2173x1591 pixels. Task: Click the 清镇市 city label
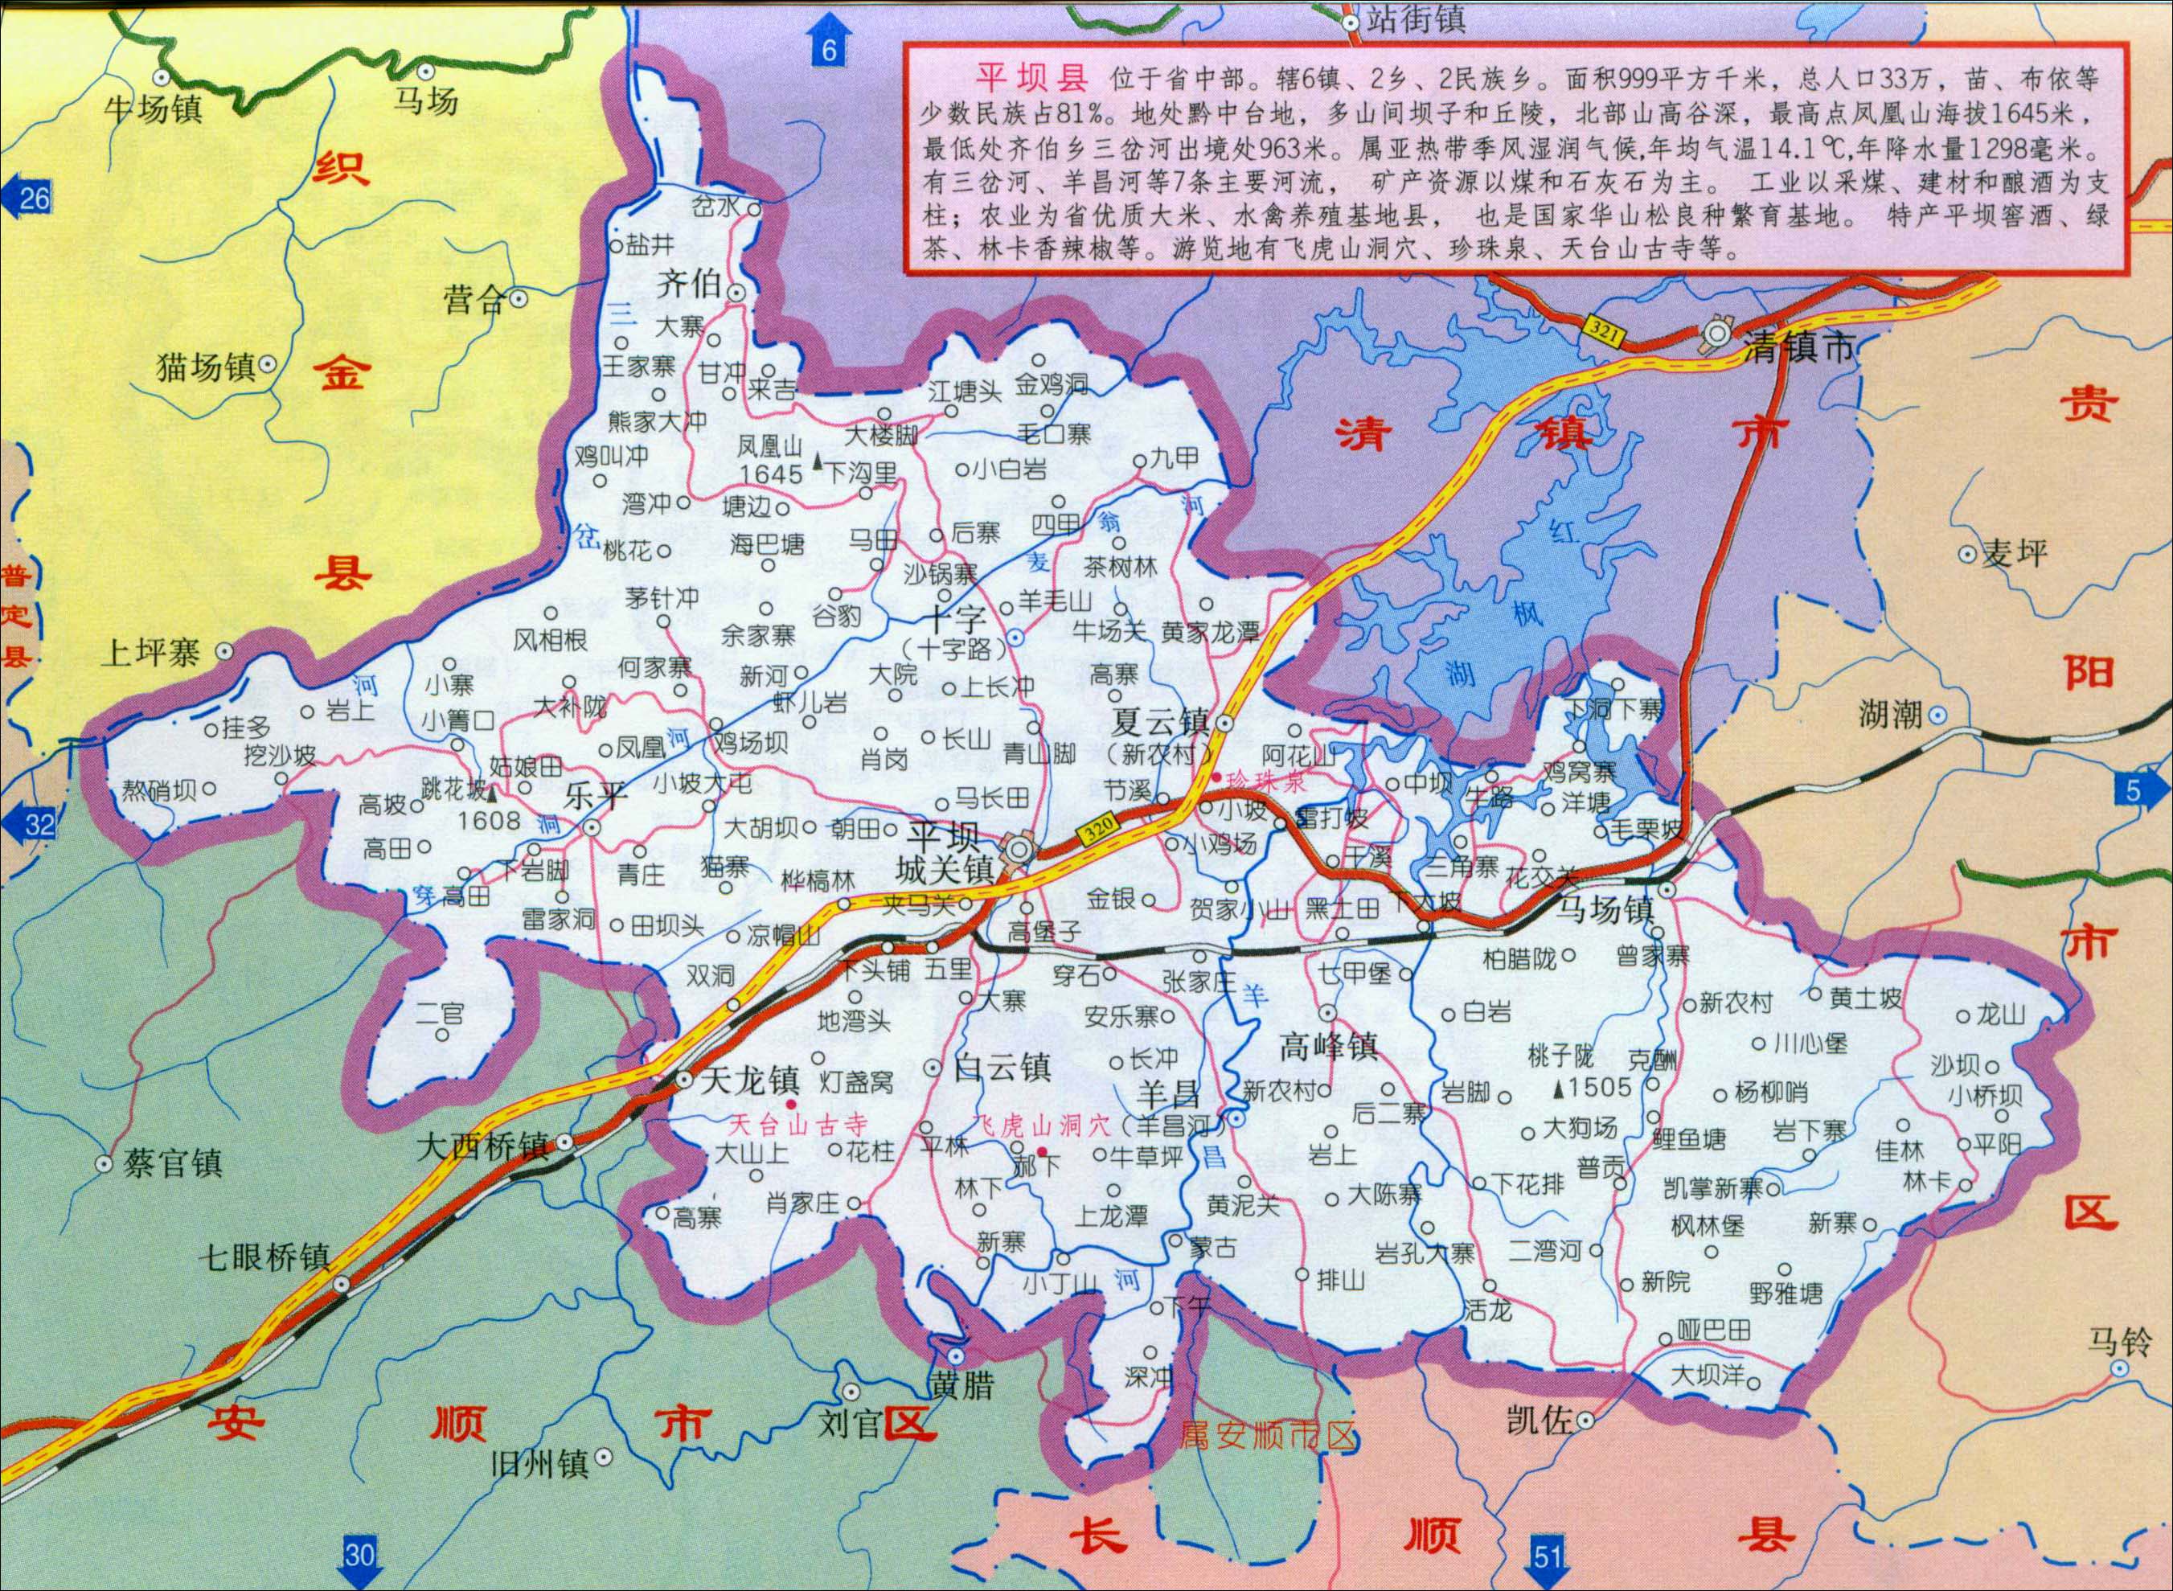(1798, 349)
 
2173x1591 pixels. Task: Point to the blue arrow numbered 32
(30, 824)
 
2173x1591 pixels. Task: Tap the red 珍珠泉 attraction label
(1264, 781)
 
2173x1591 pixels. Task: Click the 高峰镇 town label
(1329, 1046)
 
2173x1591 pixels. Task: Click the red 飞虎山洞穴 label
(1043, 1125)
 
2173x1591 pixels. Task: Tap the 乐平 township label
(596, 797)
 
